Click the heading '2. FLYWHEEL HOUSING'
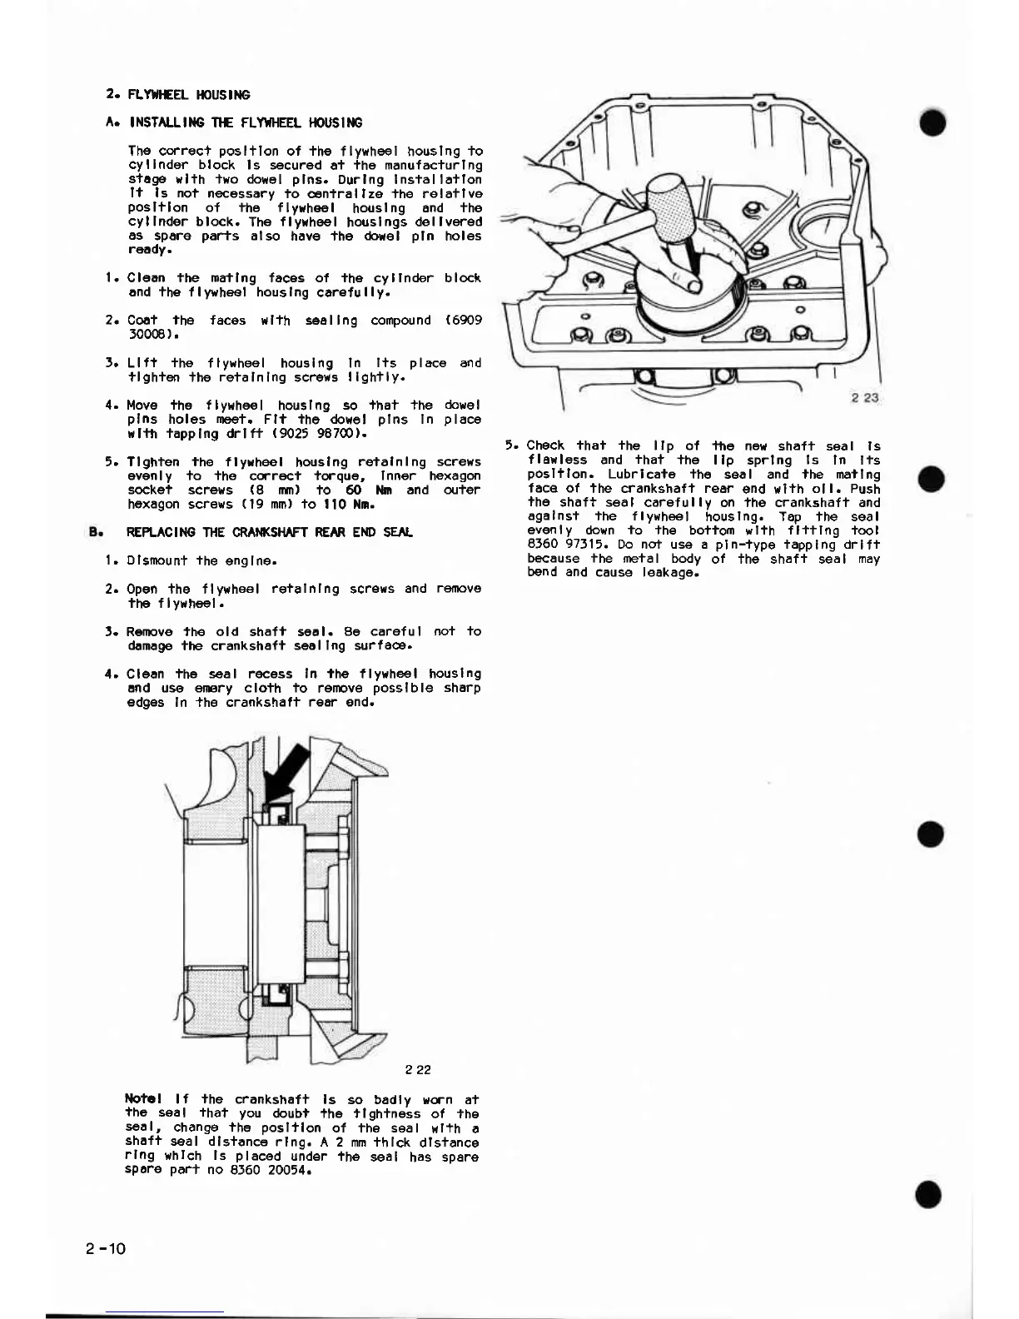point(179,95)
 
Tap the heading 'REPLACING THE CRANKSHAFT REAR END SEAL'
point(269,532)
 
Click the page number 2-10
point(105,1248)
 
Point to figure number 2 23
point(865,398)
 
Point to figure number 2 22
point(418,1070)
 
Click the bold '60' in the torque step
point(354,490)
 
